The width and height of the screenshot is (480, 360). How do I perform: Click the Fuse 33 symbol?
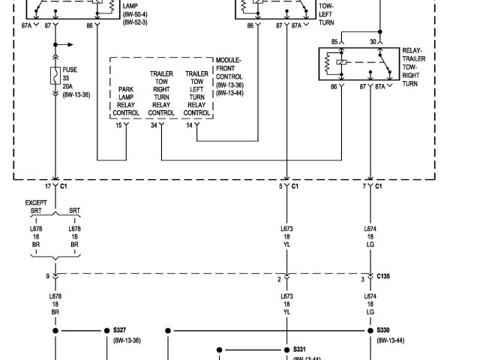(x=55, y=76)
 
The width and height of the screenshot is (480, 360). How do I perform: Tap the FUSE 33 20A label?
(x=71, y=78)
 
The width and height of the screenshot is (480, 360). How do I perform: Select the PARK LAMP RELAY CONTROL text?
(x=126, y=101)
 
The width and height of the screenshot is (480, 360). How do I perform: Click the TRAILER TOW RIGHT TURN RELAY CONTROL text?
(x=161, y=93)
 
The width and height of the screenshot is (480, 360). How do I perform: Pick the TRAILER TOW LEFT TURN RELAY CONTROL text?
(x=196, y=93)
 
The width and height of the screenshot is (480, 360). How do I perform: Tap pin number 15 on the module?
(x=118, y=125)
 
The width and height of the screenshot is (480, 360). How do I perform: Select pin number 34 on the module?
(x=154, y=125)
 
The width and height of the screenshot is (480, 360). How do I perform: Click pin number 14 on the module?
(x=190, y=125)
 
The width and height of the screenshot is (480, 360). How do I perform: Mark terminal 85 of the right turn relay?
(x=335, y=41)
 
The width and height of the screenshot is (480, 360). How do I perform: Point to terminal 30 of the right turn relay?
(x=373, y=41)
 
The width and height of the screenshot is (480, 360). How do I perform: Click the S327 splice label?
(x=120, y=330)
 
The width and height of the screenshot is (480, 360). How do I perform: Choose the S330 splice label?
(x=384, y=330)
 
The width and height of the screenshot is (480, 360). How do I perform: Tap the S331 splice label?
(x=299, y=349)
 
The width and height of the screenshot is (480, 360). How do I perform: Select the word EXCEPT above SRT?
(x=35, y=203)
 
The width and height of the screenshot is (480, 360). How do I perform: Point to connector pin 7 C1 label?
(x=373, y=185)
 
